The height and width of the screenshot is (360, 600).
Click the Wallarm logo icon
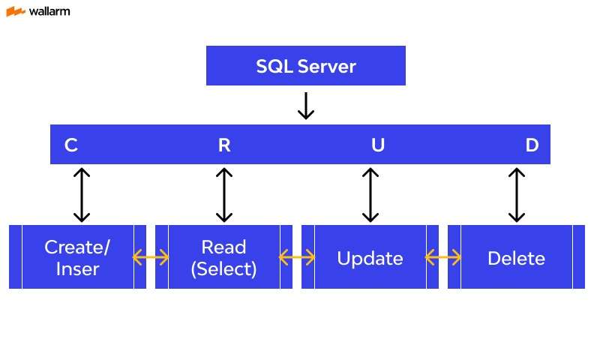[x=16, y=11]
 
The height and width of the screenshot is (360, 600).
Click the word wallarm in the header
[x=49, y=11]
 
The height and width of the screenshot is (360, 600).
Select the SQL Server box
[x=306, y=66]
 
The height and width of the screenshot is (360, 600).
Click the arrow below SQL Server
[x=305, y=106]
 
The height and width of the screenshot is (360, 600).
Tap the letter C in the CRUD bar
[x=71, y=145]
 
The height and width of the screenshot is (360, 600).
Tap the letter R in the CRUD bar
[x=224, y=145]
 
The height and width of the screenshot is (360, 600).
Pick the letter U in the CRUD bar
[x=378, y=145]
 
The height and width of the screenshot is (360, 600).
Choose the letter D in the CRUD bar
[x=532, y=145]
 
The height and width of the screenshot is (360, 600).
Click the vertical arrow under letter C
[x=82, y=194]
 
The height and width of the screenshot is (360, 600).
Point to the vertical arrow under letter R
[x=224, y=194]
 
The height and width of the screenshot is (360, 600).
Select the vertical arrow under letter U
[x=370, y=194]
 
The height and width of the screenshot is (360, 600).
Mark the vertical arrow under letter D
[x=516, y=194]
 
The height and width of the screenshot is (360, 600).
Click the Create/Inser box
[x=77, y=256]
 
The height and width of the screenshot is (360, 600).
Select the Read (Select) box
[x=223, y=256]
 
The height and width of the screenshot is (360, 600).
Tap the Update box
[x=370, y=258]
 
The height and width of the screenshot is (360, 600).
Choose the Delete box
[x=516, y=258]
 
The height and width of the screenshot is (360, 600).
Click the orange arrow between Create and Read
[x=151, y=258]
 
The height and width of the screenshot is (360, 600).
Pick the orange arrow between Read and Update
[x=297, y=258]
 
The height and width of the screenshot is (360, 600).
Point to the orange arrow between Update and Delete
[x=443, y=258]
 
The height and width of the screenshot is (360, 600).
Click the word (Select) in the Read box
[x=223, y=268]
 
